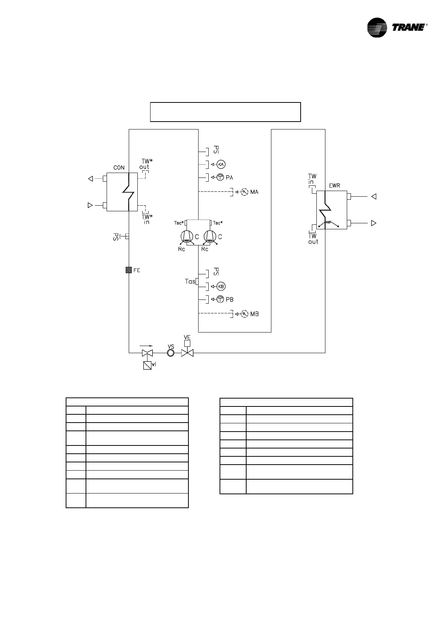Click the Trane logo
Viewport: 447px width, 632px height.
(397, 27)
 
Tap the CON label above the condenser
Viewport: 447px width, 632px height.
(119, 167)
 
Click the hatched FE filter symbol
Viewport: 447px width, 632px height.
(129, 270)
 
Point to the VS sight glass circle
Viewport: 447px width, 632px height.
(171, 353)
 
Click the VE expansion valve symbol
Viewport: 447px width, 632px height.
(187, 353)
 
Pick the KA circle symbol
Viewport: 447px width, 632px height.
(221, 164)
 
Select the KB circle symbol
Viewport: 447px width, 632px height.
(221, 287)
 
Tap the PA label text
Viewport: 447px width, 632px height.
(229, 178)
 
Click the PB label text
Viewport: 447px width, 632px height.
(230, 299)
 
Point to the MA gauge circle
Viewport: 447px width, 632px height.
(244, 192)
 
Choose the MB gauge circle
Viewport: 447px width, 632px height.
(244, 314)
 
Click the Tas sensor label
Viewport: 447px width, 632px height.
(190, 281)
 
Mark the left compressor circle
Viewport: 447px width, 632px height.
(186, 237)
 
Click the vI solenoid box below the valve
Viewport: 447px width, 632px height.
(147, 365)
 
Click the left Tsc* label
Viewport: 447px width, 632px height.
(179, 223)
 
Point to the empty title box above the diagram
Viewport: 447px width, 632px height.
(225, 112)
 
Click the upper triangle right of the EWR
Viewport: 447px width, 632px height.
(373, 196)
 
